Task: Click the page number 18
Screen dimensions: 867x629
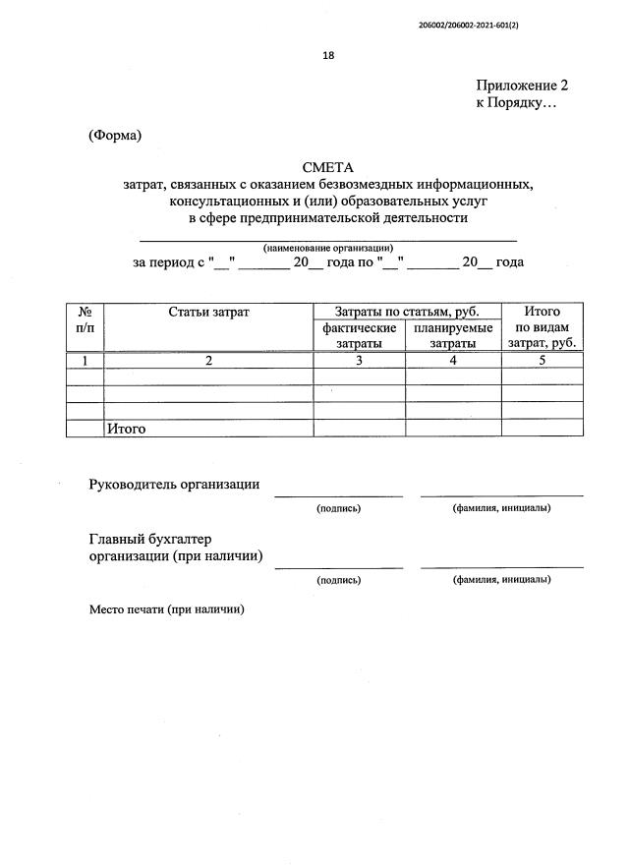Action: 328,56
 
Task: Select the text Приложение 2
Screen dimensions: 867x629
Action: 522,86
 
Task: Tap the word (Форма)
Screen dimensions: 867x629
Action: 115,136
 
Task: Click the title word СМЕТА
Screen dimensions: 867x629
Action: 327,167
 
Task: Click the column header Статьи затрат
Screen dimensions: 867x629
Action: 208,313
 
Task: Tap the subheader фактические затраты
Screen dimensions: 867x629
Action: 359,335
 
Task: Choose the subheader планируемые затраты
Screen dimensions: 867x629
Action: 453,335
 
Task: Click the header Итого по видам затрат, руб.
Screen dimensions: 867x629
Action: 543,327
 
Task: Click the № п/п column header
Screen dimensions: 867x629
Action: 85,319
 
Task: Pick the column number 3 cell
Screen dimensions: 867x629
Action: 359,361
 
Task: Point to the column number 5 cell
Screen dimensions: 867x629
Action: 543,361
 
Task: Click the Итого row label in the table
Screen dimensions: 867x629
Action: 126,429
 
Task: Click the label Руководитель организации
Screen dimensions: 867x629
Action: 174,484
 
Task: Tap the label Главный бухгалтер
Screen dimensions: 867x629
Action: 150,540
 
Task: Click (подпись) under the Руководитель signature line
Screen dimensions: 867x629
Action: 338,508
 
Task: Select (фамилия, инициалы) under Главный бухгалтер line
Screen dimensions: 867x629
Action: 501,580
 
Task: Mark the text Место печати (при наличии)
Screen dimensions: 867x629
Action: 166,609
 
